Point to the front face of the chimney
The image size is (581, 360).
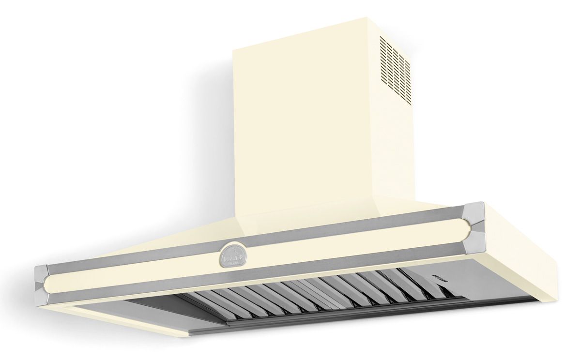click(305, 121)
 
